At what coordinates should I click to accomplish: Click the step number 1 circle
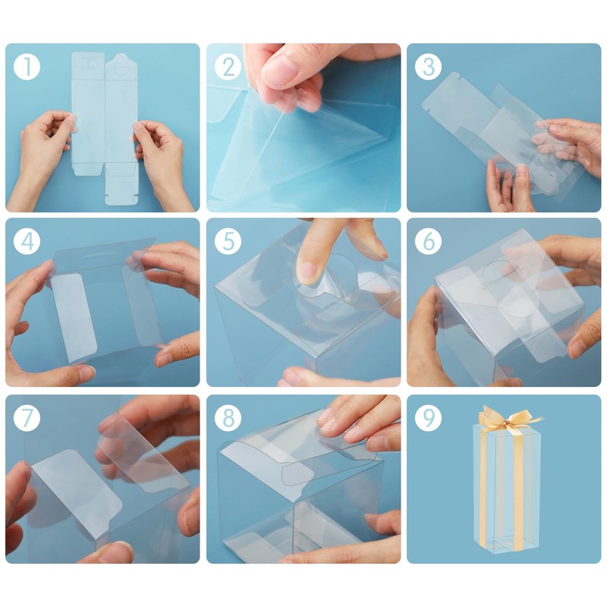coord(27,67)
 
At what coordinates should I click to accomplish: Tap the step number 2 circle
coord(228,67)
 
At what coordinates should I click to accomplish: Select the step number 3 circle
coord(428,67)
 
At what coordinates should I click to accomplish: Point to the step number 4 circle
coord(27,241)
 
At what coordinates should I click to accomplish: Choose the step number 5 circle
coord(228,241)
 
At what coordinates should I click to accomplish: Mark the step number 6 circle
coord(428,241)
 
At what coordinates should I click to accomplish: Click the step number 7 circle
coord(27,418)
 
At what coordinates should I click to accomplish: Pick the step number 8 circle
coord(228,418)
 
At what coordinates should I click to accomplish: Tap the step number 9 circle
coord(428,418)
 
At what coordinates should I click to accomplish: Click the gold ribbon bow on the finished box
coord(508,419)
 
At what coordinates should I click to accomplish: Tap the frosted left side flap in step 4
coord(74,317)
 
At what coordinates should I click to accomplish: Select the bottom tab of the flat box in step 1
coord(121,189)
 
